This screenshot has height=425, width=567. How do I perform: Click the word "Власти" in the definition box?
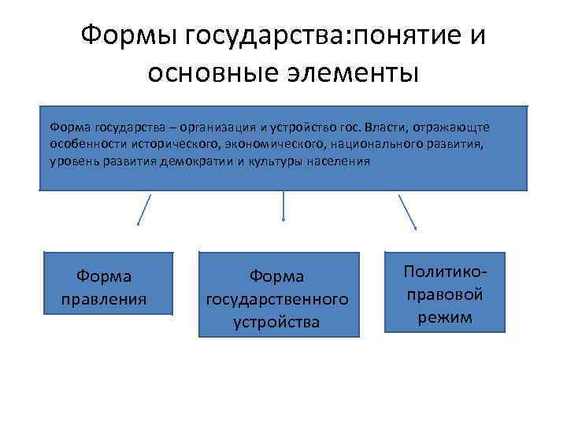378,126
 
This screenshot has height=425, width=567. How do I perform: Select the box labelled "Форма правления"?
108,284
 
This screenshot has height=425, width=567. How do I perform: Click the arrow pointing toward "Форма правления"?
144,209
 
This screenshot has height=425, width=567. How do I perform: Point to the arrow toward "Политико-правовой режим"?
408,211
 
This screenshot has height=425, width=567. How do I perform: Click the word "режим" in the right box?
445,318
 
